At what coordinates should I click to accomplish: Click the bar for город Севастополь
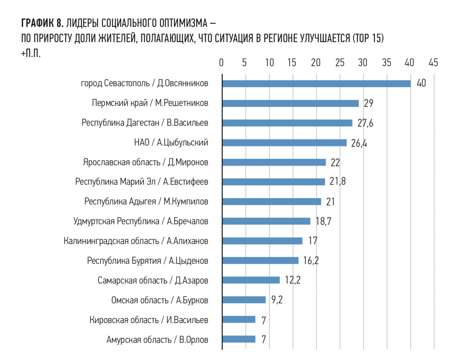tap(316, 84)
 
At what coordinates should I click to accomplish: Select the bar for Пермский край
tap(290, 103)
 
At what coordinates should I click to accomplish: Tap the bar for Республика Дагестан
tap(287, 123)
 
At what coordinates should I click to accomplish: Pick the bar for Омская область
tap(244, 300)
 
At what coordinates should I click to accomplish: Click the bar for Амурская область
tap(239, 339)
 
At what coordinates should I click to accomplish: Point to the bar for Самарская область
tap(251, 280)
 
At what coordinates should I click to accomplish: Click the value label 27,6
tap(365, 123)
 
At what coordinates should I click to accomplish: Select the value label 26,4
tap(359, 143)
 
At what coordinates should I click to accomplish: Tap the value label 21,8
tap(337, 182)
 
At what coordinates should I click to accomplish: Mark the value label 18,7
tap(323, 221)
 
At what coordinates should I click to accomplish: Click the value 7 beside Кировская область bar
tap(264, 320)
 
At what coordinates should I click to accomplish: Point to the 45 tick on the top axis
tap(433, 63)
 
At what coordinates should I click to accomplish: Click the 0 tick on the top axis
tap(221, 63)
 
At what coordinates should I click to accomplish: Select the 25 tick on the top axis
tap(339, 63)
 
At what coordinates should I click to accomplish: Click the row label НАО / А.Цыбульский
tap(171, 142)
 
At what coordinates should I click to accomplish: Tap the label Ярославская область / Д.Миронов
tap(146, 162)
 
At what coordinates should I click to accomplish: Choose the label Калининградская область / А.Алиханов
tap(136, 241)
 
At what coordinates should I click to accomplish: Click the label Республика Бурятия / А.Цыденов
tap(147, 261)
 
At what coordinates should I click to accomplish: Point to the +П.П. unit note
tap(31, 54)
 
